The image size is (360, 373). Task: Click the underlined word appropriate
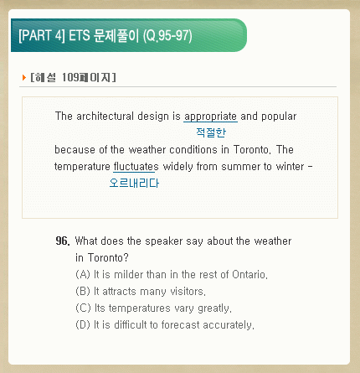pos(210,117)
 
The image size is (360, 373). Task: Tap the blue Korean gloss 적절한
pos(211,132)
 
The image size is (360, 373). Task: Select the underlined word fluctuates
pos(136,167)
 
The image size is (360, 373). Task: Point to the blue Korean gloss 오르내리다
pos(134,183)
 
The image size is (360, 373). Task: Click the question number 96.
pos(63,241)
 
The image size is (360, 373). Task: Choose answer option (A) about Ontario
pos(172,275)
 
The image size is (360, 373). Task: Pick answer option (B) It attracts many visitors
pos(141,292)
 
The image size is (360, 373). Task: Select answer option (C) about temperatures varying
pos(153,308)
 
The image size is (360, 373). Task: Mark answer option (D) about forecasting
pos(165,325)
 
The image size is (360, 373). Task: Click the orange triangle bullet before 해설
pos(24,77)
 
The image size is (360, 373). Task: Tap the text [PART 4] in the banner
pos(42,36)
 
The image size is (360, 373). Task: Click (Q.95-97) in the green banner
pos(167,36)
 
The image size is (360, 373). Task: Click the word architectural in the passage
pos(105,116)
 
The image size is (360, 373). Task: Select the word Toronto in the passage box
pos(252,150)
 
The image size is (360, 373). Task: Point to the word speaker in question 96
pos(164,241)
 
